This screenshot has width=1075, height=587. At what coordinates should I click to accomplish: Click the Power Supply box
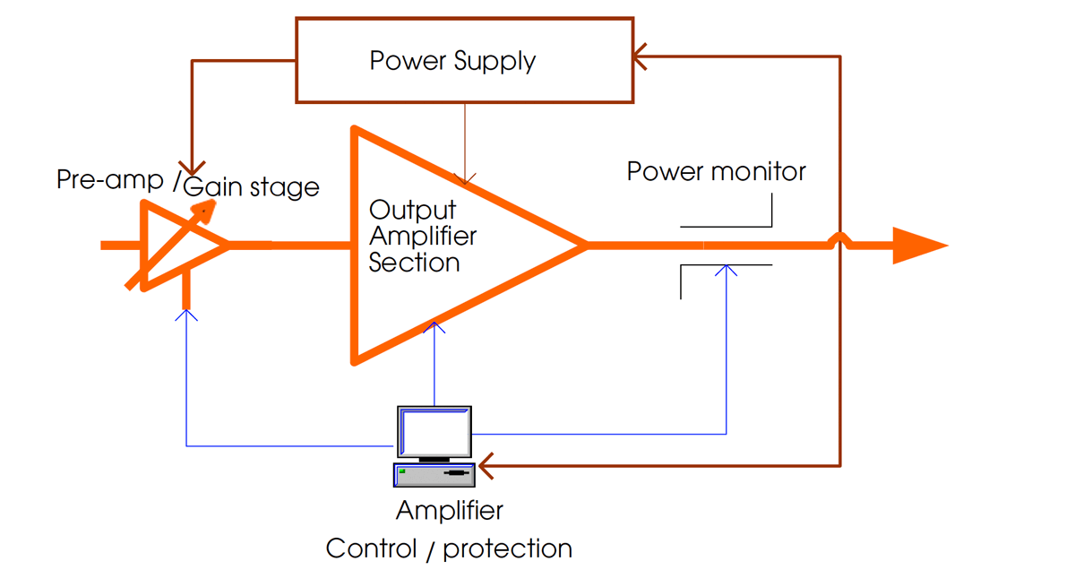[464, 59]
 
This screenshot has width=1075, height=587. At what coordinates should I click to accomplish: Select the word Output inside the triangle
[412, 211]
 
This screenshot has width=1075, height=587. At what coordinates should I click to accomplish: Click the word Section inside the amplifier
[414, 263]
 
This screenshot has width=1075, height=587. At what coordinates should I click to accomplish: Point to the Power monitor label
[716, 171]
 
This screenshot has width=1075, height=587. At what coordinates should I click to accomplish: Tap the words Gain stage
[252, 187]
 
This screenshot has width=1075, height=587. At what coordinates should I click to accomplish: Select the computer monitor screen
[434, 432]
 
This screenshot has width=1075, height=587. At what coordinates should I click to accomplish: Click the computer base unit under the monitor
[434, 473]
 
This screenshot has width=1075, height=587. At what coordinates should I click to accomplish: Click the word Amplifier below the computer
[450, 511]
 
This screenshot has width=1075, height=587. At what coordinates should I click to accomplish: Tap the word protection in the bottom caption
[507, 548]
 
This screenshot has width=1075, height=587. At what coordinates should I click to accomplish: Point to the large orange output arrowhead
[919, 245]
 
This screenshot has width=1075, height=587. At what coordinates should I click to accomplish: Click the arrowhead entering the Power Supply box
[640, 57]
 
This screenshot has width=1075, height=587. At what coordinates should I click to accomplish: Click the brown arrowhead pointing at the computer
[486, 466]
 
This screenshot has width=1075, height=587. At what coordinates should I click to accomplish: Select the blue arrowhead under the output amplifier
[434, 328]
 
